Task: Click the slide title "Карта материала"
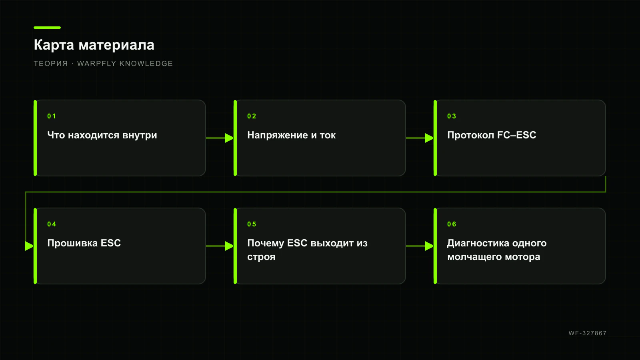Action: [x=94, y=45]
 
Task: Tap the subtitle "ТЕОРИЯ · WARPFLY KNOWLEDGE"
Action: [x=103, y=64]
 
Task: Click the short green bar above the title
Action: [x=47, y=28]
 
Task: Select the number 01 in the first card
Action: [x=52, y=116]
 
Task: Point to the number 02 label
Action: [x=252, y=116]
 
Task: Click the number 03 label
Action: [x=452, y=116]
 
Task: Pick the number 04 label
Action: [x=52, y=224]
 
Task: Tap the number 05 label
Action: [x=252, y=224]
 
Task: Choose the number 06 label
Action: [x=452, y=224]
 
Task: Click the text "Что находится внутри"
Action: [x=102, y=135]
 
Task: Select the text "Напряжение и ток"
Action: [x=292, y=135]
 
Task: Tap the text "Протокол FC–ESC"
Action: [x=492, y=135]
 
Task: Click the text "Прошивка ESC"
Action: [x=84, y=243]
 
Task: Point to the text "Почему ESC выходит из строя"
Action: [x=308, y=250]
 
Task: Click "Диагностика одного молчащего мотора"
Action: [x=497, y=250]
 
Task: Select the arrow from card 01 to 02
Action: [x=220, y=138]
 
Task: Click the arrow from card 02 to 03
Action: [x=420, y=138]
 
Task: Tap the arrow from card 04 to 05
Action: [x=220, y=246]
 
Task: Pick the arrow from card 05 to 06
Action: [x=420, y=246]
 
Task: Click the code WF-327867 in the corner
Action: [x=588, y=333]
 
